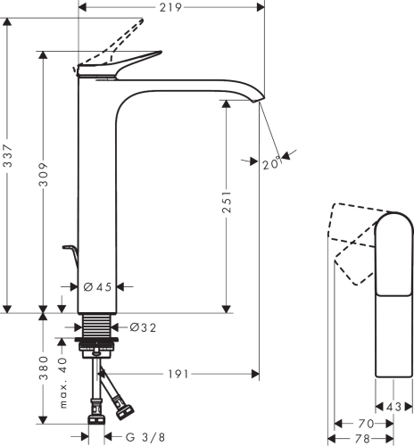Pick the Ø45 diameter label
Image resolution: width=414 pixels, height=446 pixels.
pos(96,287)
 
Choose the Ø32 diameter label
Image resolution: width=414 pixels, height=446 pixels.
pos(143,327)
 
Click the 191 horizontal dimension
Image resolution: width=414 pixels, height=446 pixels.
pos(179,374)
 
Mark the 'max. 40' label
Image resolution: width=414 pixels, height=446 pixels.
pos(63,383)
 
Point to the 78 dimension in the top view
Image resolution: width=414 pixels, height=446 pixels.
pos(361,439)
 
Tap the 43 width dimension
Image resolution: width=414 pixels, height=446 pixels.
pos(394,407)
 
